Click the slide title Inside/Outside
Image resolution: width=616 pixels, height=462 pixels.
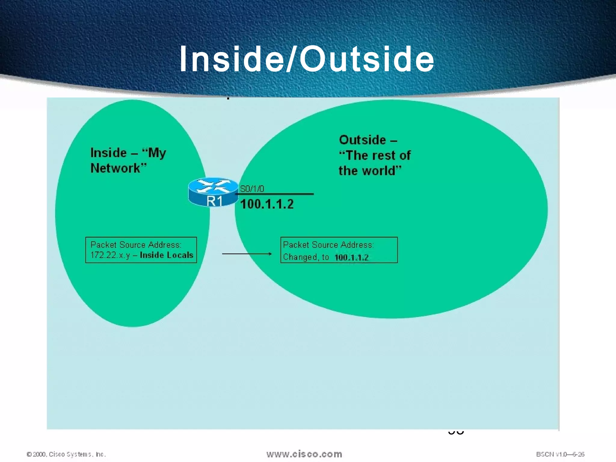307,59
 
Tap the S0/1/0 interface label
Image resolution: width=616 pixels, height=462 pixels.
252,189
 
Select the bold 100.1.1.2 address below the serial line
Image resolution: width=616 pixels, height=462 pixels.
267,204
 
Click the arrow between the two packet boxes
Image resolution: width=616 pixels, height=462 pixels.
247,254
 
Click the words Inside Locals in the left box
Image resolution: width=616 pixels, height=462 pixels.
166,255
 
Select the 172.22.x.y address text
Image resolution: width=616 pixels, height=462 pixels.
110,255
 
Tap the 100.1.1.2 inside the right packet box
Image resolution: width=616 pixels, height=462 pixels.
351,257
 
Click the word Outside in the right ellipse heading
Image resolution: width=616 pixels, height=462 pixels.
362,140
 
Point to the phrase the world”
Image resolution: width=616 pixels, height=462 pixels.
370,171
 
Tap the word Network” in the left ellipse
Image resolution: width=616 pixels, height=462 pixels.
119,168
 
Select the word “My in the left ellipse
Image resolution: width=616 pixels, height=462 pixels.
154,153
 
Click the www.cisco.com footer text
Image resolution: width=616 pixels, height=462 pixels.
304,454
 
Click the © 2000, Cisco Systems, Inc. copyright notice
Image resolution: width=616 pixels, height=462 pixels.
66,454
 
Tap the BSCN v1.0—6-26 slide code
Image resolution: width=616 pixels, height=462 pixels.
560,454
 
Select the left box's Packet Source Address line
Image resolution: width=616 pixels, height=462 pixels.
136,245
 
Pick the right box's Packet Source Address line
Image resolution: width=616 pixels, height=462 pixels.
328,245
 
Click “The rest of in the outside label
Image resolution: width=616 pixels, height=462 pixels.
375,156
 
